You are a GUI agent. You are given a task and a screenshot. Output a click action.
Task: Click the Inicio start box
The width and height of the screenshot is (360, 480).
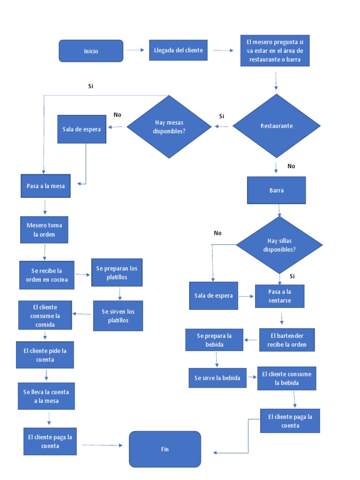pos(91,51)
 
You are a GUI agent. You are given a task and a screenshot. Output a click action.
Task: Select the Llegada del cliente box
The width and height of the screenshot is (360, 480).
pos(179,51)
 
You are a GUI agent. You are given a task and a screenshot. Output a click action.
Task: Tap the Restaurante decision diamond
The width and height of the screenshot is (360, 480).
pos(277,126)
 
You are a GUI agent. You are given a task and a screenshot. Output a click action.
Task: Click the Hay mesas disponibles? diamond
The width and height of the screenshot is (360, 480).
pos(169,127)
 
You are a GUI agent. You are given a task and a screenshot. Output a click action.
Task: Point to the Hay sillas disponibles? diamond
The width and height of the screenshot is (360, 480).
pos(279,245)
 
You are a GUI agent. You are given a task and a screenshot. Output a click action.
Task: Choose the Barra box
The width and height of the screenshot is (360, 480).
pos(277,190)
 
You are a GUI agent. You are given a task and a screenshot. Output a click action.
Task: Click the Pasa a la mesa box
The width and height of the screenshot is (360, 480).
pos(45,186)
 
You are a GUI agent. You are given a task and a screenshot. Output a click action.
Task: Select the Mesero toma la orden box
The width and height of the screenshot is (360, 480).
pos(44,230)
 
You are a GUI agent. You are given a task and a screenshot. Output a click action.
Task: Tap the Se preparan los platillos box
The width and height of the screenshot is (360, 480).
pos(117,272)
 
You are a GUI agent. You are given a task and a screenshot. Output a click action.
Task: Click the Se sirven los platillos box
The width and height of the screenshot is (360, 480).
pos(118,316)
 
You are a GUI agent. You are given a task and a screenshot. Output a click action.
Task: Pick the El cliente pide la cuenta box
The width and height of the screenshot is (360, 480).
pos(45,355)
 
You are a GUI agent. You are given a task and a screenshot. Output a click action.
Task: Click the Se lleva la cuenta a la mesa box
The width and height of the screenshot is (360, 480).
pos(49,396)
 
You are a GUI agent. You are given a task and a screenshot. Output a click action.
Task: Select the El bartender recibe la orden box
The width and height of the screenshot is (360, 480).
pos(287,340)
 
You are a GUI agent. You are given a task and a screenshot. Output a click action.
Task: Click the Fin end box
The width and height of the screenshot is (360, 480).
pos(165,449)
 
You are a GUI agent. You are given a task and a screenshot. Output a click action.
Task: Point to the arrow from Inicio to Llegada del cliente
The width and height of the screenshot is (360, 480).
pos(136,51)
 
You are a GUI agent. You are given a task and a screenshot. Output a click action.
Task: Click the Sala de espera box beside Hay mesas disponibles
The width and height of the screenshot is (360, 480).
pos(82,128)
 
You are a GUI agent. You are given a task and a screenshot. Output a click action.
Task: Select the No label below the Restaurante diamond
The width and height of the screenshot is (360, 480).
pos(291,166)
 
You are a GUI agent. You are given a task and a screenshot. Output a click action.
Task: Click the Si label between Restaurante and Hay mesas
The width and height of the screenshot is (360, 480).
pos(222,116)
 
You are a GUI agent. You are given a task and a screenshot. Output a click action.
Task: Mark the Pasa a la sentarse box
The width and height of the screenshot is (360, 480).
pos(279,296)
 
